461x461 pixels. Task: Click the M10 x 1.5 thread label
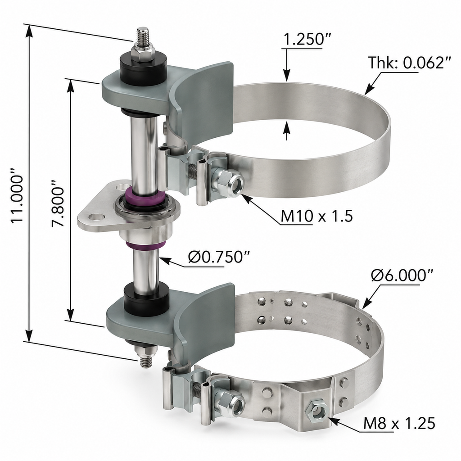(316, 217)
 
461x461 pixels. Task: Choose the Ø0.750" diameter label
(219, 258)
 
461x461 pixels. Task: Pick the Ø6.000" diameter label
(402, 276)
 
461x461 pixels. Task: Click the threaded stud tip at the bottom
(146, 362)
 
